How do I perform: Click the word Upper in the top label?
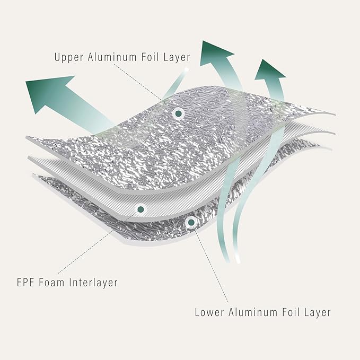coord(69,57)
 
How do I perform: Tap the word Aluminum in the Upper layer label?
coord(112,57)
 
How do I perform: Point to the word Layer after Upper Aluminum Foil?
coord(177,57)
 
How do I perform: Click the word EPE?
coord(25,282)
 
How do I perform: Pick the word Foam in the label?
coord(51,282)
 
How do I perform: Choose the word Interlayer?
coord(93,283)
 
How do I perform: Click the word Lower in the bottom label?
coord(209,312)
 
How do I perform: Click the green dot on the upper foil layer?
coord(178,113)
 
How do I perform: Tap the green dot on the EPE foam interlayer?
coord(141,209)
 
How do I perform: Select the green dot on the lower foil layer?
coord(191,222)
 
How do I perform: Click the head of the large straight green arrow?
coord(48,92)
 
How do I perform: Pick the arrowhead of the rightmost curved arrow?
coord(270,71)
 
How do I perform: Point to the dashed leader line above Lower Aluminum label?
coord(212,265)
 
